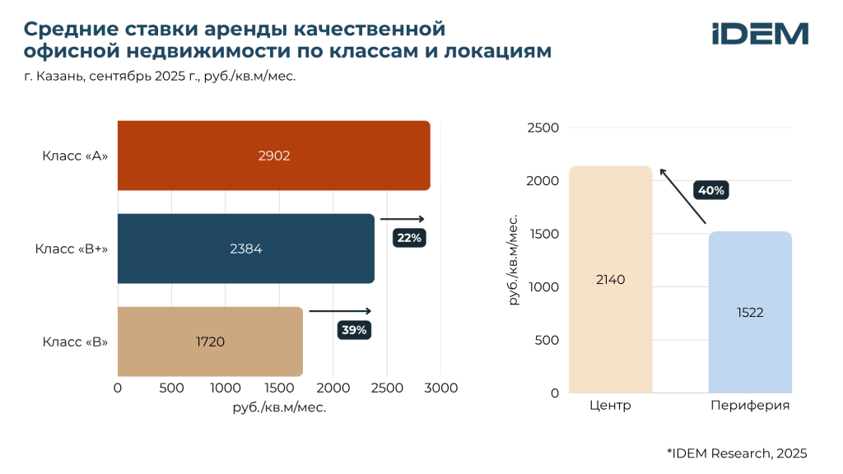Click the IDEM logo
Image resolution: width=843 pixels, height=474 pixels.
[x=760, y=34]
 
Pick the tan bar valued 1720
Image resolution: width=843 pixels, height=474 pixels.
[x=210, y=342]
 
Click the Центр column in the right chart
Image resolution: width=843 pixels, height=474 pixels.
[x=610, y=279]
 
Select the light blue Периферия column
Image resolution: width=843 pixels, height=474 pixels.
[x=750, y=312]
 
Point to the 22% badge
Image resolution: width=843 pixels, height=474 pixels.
[x=409, y=238]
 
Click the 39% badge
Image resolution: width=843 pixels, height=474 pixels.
[x=354, y=330]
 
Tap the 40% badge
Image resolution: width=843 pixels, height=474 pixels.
[x=710, y=190]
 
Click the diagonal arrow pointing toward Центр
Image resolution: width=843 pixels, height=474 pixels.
[x=683, y=196]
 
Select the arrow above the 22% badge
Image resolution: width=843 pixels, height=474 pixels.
[x=403, y=219]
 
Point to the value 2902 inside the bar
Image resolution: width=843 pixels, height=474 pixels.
[x=273, y=156]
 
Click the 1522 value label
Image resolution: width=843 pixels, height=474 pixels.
[x=750, y=312]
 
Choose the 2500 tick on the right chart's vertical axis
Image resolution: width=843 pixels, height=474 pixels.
[x=543, y=128]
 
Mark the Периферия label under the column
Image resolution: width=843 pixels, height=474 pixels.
[x=750, y=406]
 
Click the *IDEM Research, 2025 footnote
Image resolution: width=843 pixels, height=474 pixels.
[x=737, y=453]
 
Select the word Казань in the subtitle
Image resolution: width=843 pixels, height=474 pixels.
[x=59, y=77]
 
